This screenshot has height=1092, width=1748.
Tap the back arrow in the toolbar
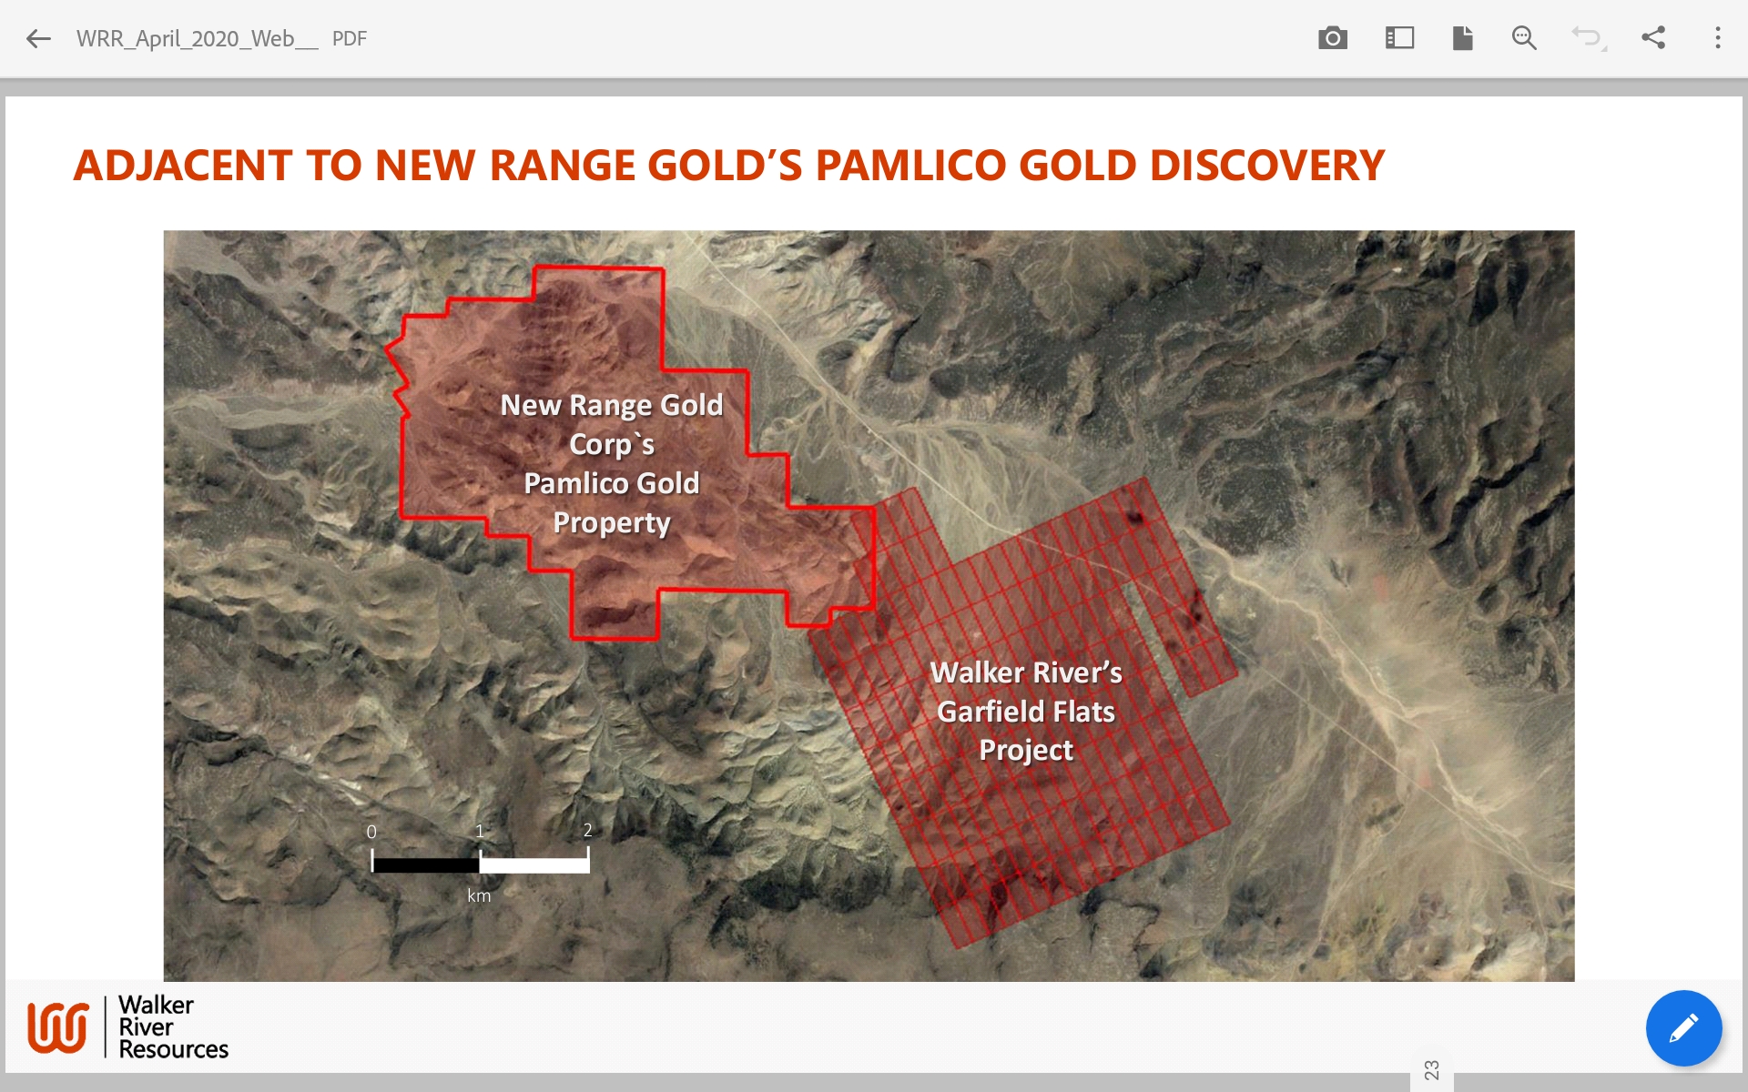pyautogui.click(x=38, y=38)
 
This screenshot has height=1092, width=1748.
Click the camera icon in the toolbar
pyautogui.click(x=1333, y=38)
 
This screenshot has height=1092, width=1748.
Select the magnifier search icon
pyautogui.click(x=1524, y=38)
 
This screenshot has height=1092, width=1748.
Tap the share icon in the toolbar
pyautogui.click(x=1653, y=37)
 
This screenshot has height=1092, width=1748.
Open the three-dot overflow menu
pyautogui.click(x=1718, y=38)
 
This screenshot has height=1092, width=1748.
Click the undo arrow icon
pyautogui.click(x=1589, y=38)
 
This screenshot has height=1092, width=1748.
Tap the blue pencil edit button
pyautogui.click(x=1683, y=1028)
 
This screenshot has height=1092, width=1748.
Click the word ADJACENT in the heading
pyautogui.click(x=183, y=166)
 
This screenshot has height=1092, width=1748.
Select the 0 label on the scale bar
pyautogui.click(x=371, y=832)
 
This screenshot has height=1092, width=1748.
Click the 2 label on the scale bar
pyautogui.click(x=588, y=830)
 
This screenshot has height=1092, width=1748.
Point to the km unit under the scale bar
pyautogui.click(x=479, y=895)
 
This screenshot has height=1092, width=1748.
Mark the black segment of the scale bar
pyautogui.click(x=426, y=864)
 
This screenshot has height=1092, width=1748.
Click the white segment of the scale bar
pyautogui.click(x=534, y=864)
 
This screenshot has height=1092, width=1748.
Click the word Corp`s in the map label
pyautogui.click(x=612, y=445)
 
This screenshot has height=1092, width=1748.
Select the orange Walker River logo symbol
pyautogui.click(x=58, y=1027)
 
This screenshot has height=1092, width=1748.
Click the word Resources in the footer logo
pyautogui.click(x=174, y=1049)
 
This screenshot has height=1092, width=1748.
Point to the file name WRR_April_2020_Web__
pyautogui.click(x=198, y=39)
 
